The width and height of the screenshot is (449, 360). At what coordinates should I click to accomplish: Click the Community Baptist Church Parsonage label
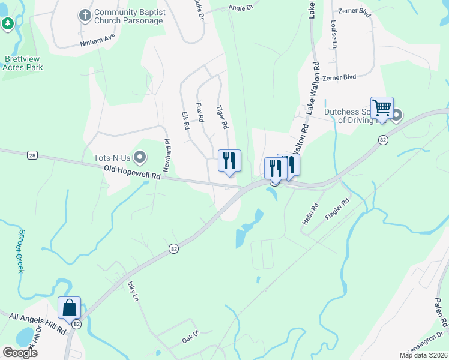coord(129,17)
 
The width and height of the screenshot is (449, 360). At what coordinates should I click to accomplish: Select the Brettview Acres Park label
coord(25,63)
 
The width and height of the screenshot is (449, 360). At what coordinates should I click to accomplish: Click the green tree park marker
coord(7,24)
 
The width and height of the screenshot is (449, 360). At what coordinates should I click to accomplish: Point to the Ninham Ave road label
coord(97,40)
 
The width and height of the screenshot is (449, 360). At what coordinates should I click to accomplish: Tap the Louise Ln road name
coord(333,35)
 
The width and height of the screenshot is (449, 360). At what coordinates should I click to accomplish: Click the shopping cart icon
coord(382,108)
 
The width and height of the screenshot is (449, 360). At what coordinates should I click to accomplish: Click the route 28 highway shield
coord(32,155)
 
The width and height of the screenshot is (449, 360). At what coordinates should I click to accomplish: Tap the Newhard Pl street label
coord(168,153)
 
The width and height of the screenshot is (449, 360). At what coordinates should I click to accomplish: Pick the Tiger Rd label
coord(223,117)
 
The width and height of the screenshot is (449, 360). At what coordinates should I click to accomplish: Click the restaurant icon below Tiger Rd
coord(229,160)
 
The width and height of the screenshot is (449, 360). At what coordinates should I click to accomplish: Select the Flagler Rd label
coord(336,211)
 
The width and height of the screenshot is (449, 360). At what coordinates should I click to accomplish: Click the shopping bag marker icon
coord(69,308)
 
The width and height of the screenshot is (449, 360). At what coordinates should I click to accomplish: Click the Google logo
coord(20,352)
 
